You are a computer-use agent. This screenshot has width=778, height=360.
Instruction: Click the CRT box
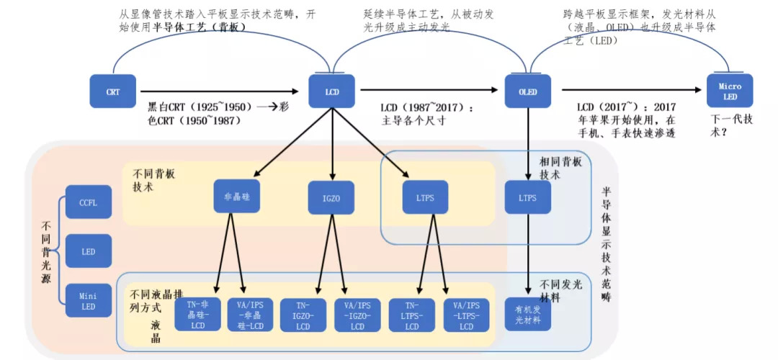(112, 91)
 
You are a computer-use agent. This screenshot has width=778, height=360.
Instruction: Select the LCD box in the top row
(332, 91)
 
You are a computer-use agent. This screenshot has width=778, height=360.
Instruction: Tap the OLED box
(527, 91)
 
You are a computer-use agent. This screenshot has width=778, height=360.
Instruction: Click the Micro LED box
(729, 91)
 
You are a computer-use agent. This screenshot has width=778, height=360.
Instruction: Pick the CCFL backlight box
(88, 202)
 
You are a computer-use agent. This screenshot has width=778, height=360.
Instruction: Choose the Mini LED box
(88, 300)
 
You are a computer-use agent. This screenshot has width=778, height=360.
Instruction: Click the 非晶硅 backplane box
(236, 196)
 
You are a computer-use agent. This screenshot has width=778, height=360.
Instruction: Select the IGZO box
(332, 196)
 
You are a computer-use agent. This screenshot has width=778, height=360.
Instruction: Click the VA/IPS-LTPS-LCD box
(466, 315)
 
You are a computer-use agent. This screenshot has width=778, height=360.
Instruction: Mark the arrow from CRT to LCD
(216, 91)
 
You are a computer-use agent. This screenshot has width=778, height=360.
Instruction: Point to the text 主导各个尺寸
(414, 121)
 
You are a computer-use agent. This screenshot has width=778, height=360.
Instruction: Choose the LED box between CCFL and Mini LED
(88, 251)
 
